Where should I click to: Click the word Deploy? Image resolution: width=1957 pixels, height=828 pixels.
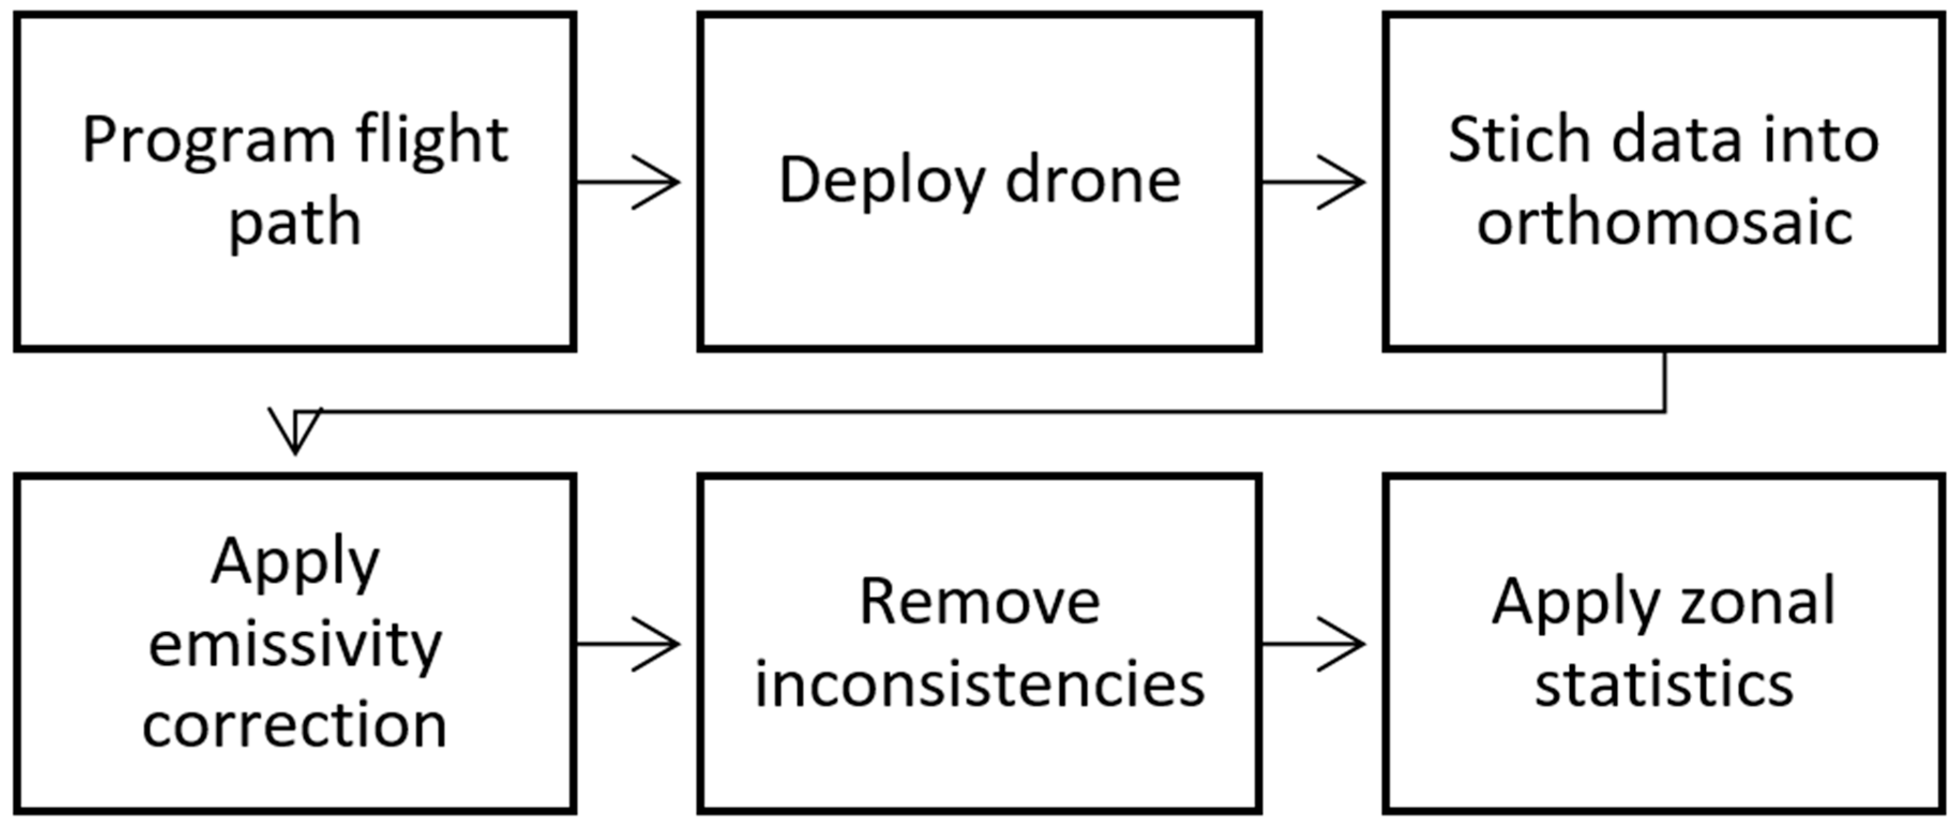pyautogui.click(x=881, y=182)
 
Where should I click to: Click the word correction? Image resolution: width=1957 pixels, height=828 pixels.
pyautogui.click(x=295, y=726)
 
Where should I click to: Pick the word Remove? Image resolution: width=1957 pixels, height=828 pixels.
pyautogui.click(x=979, y=603)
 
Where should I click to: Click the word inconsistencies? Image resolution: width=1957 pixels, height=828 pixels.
pyautogui.click(x=979, y=685)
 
